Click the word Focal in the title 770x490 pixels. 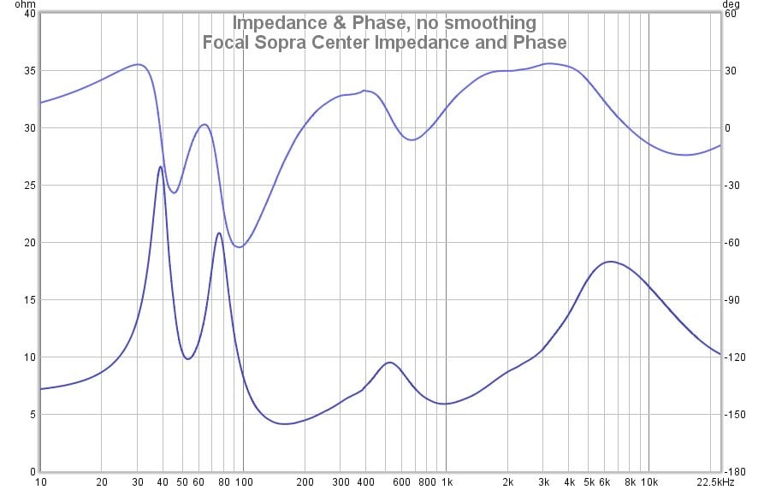click(x=225, y=42)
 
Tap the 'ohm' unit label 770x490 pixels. click(x=12, y=3)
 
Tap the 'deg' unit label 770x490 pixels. click(x=735, y=3)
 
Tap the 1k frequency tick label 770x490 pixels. click(x=446, y=482)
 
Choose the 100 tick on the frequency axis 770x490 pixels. click(x=243, y=482)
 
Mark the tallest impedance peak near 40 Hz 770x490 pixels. click(x=161, y=167)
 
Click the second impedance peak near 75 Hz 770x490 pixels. click(x=219, y=233)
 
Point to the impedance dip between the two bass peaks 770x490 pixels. click(x=187, y=358)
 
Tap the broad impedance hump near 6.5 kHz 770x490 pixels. click(x=609, y=262)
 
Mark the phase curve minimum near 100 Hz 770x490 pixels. click(x=240, y=247)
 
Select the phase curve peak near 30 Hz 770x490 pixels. click(x=138, y=64)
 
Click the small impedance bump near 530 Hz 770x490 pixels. click(x=390, y=363)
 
